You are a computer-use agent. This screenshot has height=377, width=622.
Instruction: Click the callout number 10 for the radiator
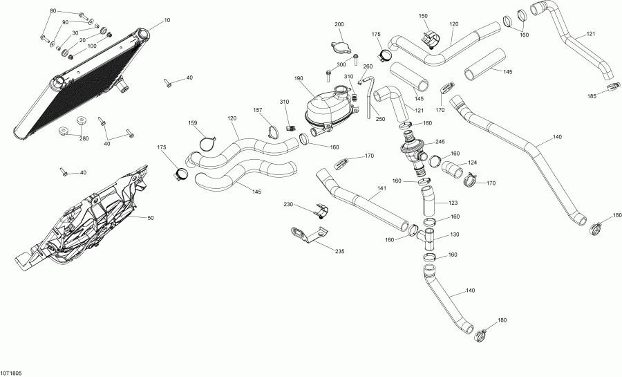coord(167,21)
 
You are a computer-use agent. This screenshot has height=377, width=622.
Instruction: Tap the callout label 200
coord(339,24)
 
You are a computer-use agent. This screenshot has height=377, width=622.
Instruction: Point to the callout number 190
coord(299,79)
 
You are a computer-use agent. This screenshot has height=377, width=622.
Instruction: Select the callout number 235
coord(339,251)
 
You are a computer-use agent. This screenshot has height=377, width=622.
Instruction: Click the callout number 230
coord(288,205)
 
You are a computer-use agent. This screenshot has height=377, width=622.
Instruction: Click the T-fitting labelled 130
coord(427,239)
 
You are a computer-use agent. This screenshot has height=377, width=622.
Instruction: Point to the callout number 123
coord(453,203)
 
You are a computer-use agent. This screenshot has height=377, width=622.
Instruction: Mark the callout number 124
coord(472,163)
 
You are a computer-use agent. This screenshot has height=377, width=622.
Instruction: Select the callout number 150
coord(424,16)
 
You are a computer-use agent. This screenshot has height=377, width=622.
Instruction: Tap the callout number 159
coord(193,124)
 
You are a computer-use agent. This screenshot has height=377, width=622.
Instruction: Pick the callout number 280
coord(84,139)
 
